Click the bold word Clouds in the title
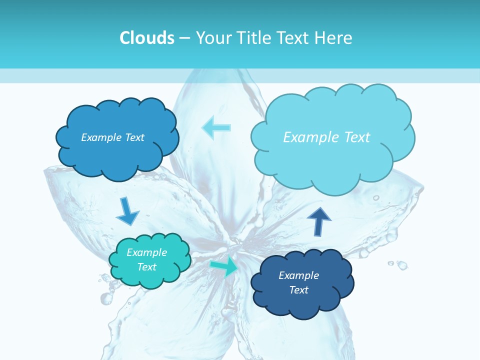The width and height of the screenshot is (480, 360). pyautogui.click(x=146, y=38)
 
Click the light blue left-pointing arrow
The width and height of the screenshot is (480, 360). pyautogui.click(x=216, y=127)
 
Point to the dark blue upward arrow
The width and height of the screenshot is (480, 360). pyautogui.click(x=318, y=221)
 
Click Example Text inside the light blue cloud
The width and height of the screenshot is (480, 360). pyautogui.click(x=326, y=137)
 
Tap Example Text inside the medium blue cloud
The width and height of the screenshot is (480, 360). pyautogui.click(x=112, y=137)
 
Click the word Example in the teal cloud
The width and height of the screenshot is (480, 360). pyautogui.click(x=146, y=252)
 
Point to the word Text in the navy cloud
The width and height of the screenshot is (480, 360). pyautogui.click(x=298, y=290)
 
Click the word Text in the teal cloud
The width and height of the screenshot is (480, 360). pyautogui.click(x=146, y=267)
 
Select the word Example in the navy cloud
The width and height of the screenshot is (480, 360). pyautogui.click(x=298, y=275)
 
